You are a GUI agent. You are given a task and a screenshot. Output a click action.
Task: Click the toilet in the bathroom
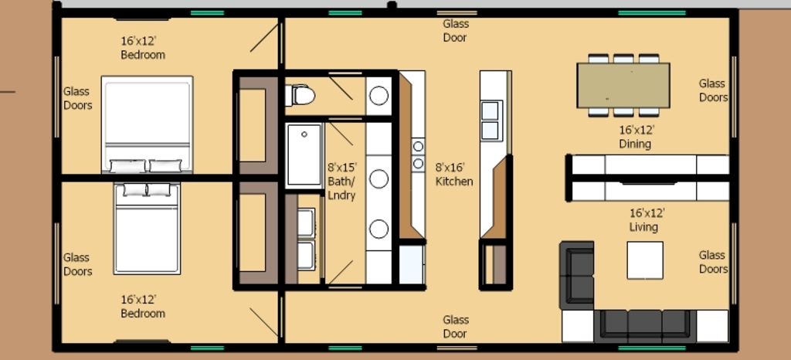coord(300,95)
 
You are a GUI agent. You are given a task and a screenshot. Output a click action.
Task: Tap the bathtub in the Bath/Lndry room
coord(304,155)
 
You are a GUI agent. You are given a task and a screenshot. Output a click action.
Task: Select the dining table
coord(623,85)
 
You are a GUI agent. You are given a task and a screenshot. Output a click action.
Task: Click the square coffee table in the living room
coord(645,260)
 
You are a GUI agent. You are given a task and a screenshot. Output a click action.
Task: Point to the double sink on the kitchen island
coord(491,121)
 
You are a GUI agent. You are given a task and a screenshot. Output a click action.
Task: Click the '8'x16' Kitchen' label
coord(454,175)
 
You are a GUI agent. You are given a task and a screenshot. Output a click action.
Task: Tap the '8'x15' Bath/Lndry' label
coord(341,182)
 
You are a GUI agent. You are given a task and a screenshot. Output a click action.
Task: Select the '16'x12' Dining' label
coord(637,138)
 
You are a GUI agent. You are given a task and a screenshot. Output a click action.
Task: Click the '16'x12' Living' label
coord(645,220)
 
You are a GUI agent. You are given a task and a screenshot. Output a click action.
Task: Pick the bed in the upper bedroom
coord(147,124)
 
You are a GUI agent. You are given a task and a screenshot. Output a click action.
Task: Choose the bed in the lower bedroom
coord(147,229)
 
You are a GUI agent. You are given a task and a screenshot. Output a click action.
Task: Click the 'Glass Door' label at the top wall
coord(455,31)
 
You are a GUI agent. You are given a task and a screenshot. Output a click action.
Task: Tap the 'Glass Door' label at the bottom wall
coord(455,327)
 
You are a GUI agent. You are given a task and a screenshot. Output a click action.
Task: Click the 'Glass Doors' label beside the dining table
coord(713,90)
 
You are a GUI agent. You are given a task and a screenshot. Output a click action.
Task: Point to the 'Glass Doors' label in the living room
coord(713,262)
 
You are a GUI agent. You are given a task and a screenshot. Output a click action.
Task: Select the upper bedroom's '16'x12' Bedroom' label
coord(143,48)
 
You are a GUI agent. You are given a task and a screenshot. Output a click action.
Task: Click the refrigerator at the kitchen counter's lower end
coord(412,265)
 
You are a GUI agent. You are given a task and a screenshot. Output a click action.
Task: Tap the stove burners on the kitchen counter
coord(418,155)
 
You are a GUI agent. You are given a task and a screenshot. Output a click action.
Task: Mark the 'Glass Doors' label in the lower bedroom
coord(78,264)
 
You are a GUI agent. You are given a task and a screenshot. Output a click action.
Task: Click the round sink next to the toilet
coord(379,95)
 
